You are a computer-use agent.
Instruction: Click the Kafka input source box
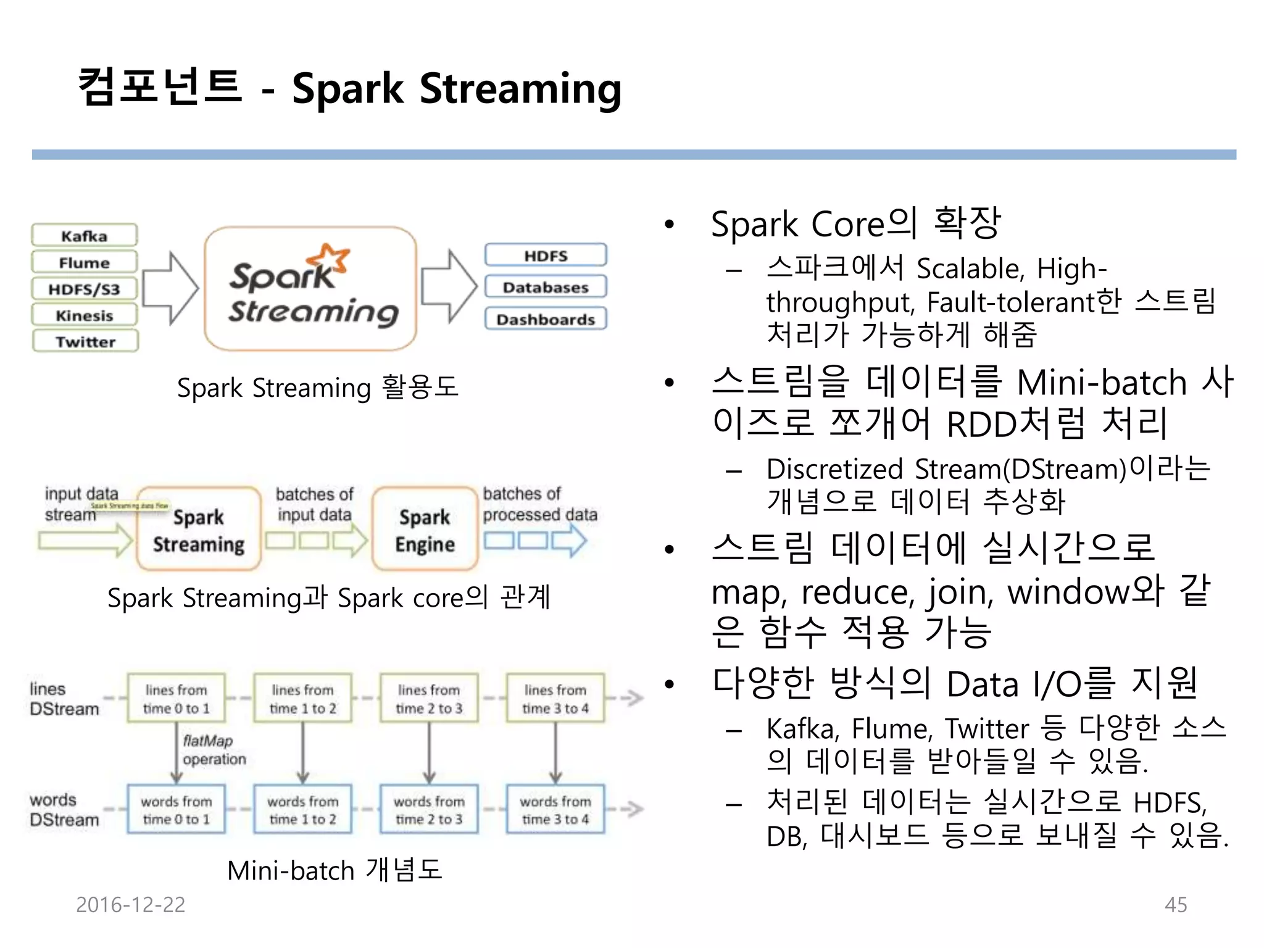point(85,236)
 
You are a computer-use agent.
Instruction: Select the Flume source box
point(85,262)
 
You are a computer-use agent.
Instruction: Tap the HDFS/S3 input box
point(85,289)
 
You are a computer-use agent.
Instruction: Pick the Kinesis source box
point(85,315)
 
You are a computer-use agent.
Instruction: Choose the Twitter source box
point(85,341)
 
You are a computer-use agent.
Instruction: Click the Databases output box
point(546,287)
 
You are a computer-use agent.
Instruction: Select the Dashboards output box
point(546,319)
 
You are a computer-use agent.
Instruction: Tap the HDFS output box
point(546,256)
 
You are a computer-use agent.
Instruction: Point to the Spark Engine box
point(425,530)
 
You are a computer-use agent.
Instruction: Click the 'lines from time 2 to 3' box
point(429,699)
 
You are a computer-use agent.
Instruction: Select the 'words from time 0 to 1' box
point(177,810)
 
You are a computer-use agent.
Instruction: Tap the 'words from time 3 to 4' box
point(555,810)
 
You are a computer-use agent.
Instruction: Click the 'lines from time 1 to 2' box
point(302,699)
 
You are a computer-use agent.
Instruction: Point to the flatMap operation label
point(214,750)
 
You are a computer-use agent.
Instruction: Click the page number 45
point(1175,905)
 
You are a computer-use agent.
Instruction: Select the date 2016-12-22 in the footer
point(130,905)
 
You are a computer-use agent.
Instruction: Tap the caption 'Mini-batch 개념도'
point(335,870)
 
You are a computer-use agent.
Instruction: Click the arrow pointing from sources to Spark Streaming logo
point(170,288)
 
